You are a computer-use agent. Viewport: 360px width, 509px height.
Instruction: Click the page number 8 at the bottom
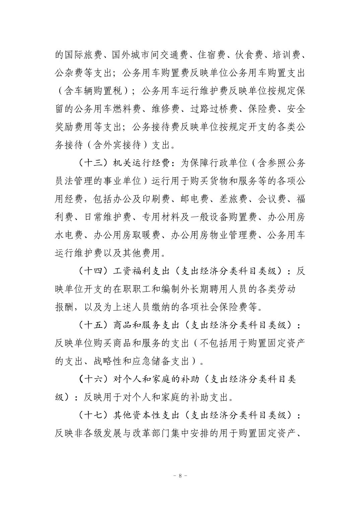(x=180, y=476)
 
